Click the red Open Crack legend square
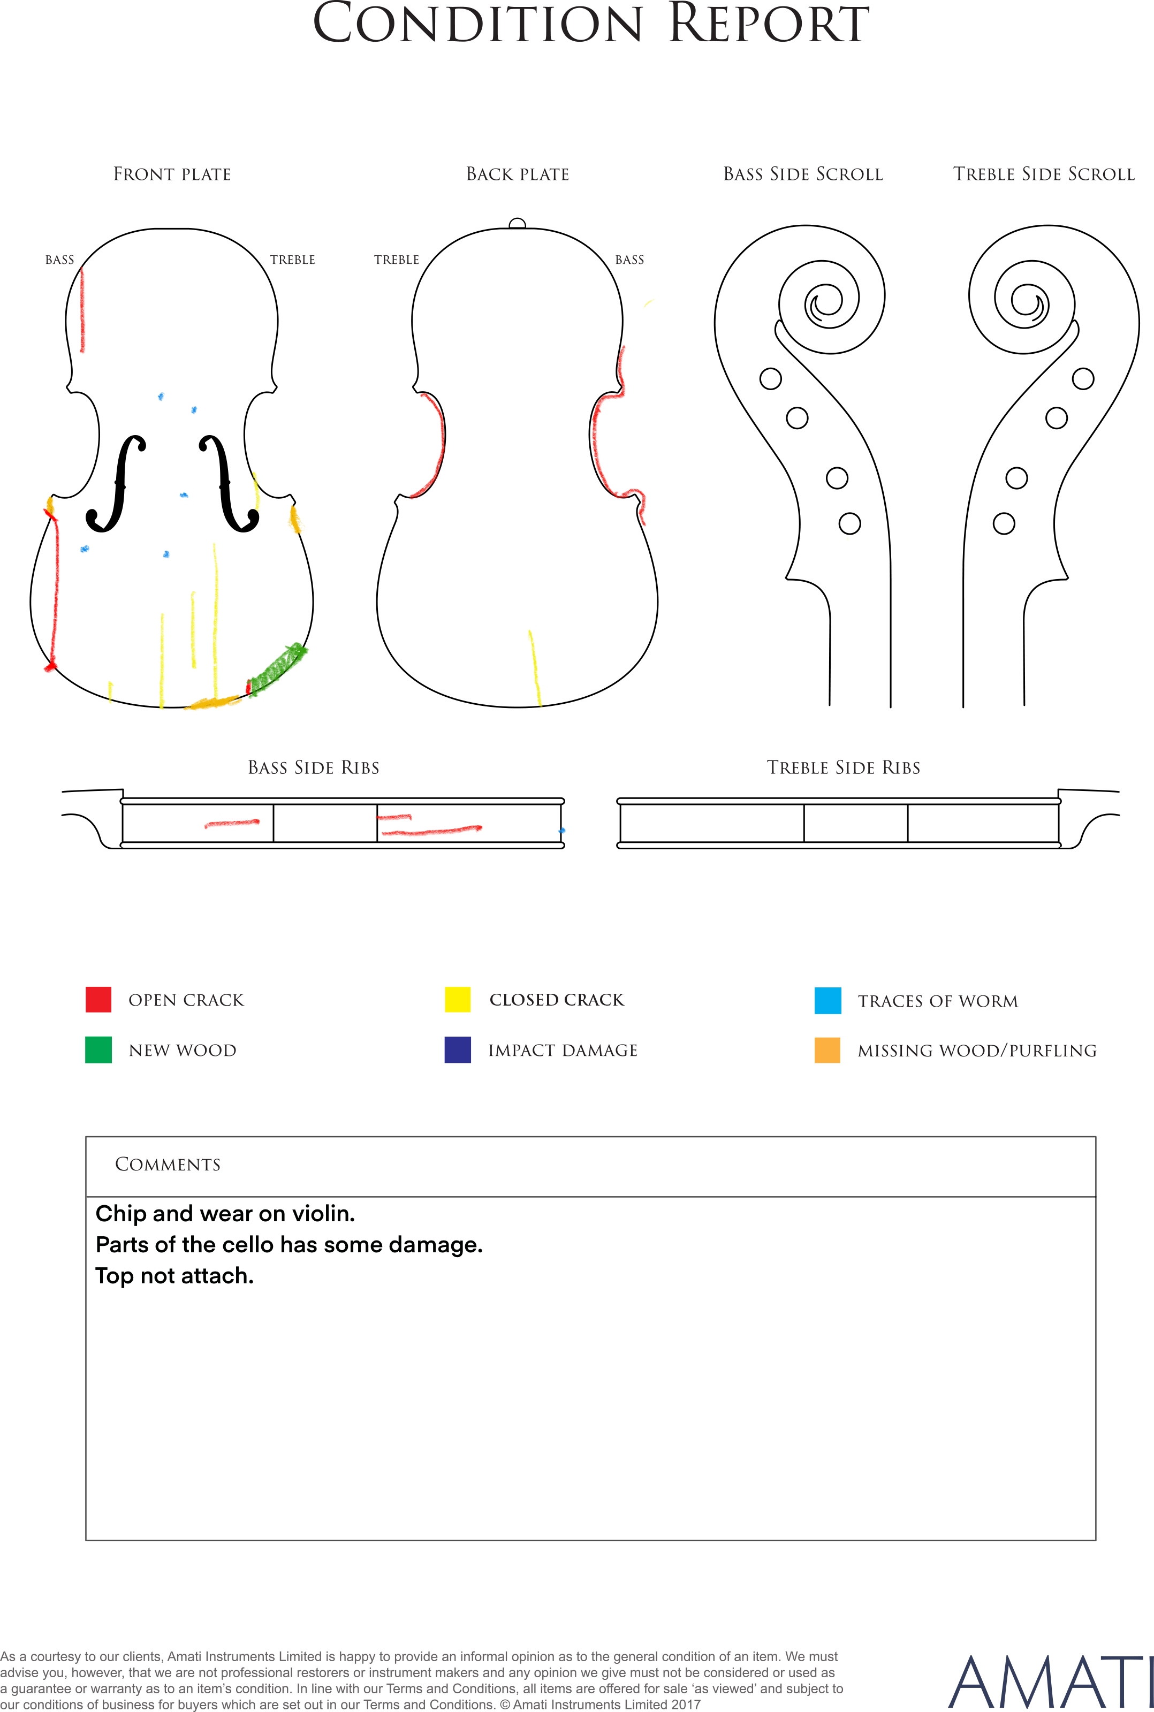point(98,999)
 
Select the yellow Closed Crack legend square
point(458,999)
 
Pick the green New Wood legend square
point(98,1050)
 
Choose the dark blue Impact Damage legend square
point(458,1050)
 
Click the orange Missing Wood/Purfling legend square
point(828,1050)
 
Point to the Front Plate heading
point(172,174)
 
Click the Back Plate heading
point(518,174)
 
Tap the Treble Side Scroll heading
point(1044,174)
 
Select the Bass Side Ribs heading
point(314,768)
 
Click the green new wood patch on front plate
point(277,668)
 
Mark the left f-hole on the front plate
point(116,483)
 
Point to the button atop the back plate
point(518,224)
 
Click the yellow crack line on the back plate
point(535,668)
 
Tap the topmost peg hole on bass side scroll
point(771,379)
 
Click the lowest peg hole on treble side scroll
point(1004,524)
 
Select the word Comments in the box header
point(168,1165)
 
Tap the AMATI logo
point(1050,1682)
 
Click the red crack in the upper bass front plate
point(82,310)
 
